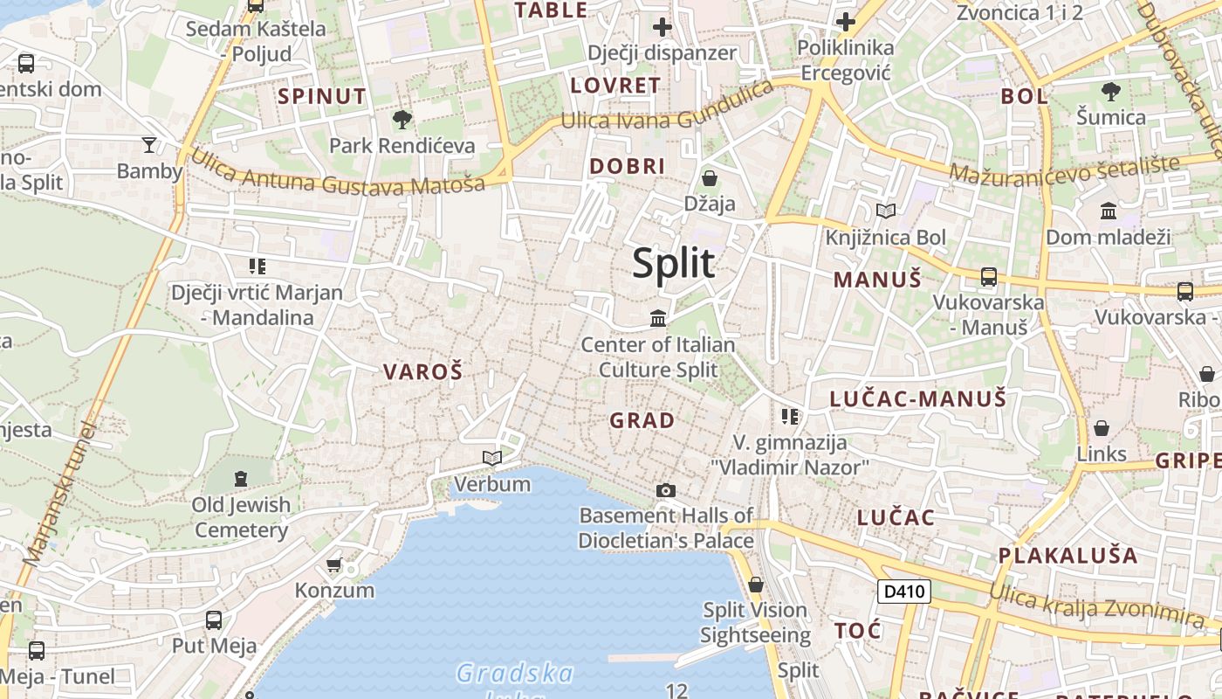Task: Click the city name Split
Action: [x=673, y=263]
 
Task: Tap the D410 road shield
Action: [x=903, y=592]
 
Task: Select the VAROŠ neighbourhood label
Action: [x=422, y=371]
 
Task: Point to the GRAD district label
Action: [x=642, y=420]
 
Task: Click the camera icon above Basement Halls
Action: [x=666, y=490]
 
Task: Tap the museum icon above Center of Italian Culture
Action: [x=658, y=318]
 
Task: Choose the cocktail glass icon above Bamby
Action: [x=149, y=144]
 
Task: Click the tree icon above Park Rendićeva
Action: [x=402, y=120]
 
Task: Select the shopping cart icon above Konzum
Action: [x=333, y=564]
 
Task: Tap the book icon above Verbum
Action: [x=492, y=457]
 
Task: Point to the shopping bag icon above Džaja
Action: [x=710, y=178]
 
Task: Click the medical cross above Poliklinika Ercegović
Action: [x=845, y=22]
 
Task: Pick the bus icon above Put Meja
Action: [x=214, y=620]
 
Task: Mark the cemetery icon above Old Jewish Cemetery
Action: [x=240, y=478]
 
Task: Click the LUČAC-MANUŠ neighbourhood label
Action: [x=917, y=399]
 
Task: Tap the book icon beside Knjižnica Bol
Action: [x=886, y=211]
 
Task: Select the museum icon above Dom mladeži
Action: [x=1108, y=211]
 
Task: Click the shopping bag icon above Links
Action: [x=1102, y=428]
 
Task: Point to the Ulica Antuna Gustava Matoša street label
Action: [x=337, y=174]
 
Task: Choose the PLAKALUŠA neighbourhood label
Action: [x=1068, y=556]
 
